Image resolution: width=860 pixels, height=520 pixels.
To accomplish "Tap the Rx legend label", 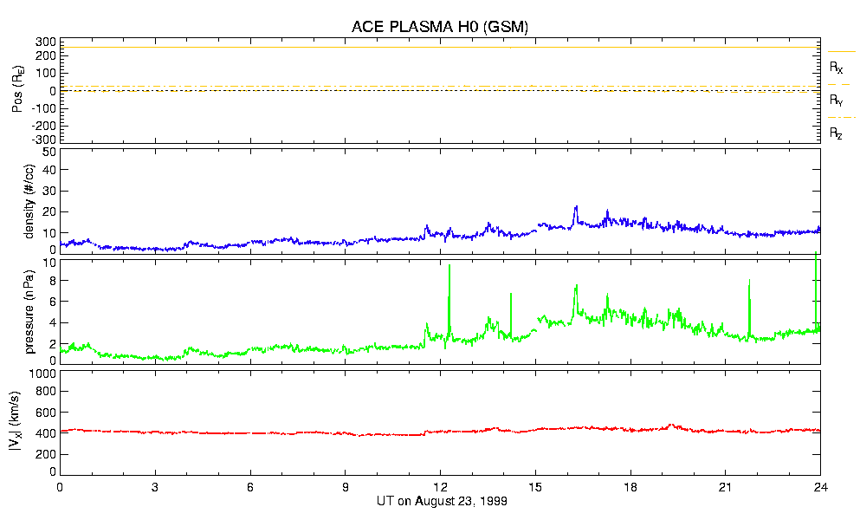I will tap(836, 67).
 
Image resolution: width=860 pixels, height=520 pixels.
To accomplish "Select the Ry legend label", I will tap(836, 101).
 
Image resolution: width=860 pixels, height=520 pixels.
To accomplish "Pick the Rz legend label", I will tap(836, 133).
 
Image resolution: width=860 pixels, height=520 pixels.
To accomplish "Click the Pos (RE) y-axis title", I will tap(17, 89).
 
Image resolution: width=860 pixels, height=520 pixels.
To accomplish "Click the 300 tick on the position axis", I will tap(46, 42).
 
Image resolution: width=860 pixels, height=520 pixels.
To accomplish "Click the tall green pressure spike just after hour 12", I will tap(449, 269).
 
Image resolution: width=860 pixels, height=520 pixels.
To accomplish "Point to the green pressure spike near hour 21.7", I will tap(749, 283).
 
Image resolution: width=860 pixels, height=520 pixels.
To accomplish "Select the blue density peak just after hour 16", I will tap(576, 208).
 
